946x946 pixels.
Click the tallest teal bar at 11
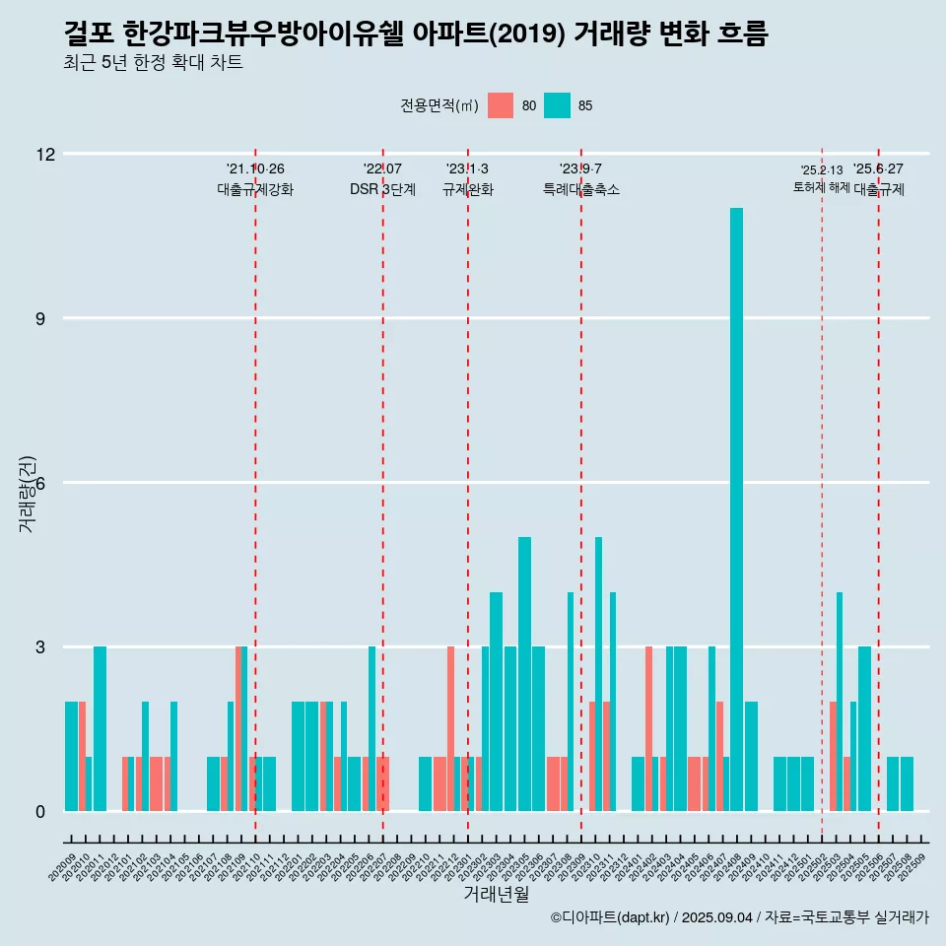[x=736, y=508]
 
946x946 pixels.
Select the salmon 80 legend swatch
[x=501, y=105]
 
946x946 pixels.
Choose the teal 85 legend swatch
[x=557, y=105]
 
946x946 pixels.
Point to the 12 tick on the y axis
[x=45, y=154]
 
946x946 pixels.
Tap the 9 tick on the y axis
[x=45, y=318]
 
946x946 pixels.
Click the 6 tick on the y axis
[x=45, y=483]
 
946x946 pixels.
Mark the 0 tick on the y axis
[x=45, y=812]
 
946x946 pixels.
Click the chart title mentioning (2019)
[x=414, y=34]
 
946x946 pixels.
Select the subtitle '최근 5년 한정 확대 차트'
[x=153, y=63]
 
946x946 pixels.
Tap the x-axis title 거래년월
[x=496, y=894]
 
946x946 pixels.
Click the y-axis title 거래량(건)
[x=28, y=493]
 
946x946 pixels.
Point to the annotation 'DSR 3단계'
[x=382, y=189]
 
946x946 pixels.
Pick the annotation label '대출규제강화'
[x=255, y=189]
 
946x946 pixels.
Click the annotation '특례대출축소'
[x=581, y=189]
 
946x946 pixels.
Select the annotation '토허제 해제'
[x=821, y=187]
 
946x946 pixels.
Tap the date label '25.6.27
[x=878, y=169]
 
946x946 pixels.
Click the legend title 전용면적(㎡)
[x=439, y=105]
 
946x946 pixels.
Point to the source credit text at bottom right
[x=739, y=917]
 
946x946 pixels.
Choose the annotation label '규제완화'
[x=467, y=189]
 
